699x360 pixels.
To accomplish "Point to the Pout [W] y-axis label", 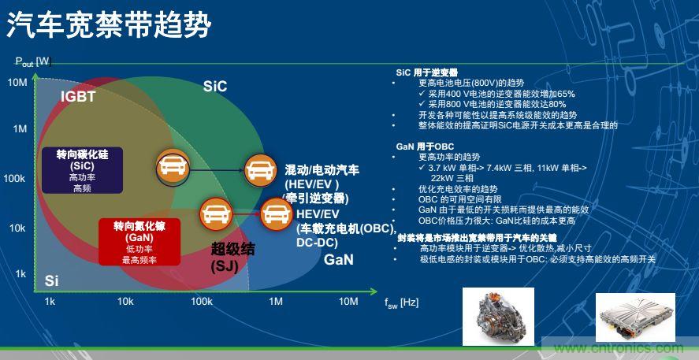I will click(x=32, y=61).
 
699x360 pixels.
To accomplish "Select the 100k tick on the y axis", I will click(x=16, y=179).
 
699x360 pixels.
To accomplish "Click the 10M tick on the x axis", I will click(x=348, y=302).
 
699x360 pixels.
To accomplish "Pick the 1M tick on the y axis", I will click(x=17, y=128).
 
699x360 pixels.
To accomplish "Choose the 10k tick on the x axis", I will click(x=125, y=302).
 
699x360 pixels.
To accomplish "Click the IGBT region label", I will click(x=78, y=97).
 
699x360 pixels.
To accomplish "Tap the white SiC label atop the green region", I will click(x=215, y=86).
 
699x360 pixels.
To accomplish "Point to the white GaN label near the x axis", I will click(x=339, y=259).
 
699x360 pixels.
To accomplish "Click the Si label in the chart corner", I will click(x=51, y=280).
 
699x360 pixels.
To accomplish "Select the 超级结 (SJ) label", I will click(x=232, y=257).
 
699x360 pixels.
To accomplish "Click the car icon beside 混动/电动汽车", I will click(x=259, y=169).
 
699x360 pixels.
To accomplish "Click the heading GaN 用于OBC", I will click(x=426, y=147).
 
